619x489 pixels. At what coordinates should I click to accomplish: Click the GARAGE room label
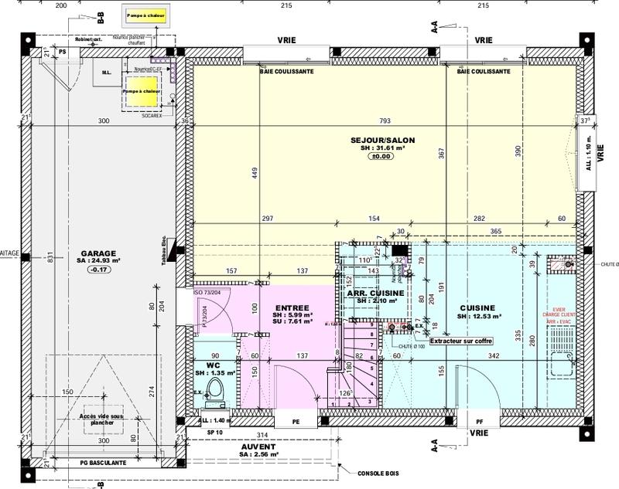point(97,253)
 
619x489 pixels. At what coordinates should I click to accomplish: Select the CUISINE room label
point(477,307)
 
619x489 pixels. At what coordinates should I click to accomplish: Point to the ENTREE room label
point(291,307)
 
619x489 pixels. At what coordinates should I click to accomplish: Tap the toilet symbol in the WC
point(217,393)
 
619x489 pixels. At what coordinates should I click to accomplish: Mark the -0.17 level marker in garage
point(97,270)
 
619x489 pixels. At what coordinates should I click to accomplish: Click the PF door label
point(480,423)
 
